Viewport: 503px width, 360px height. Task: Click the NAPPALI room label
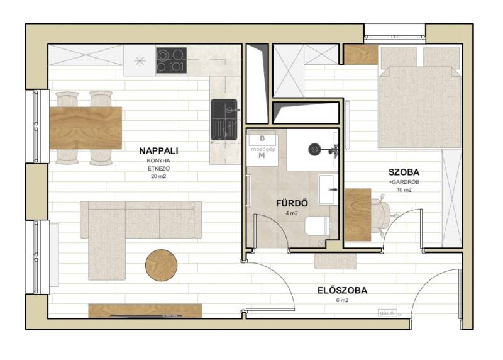tap(158, 150)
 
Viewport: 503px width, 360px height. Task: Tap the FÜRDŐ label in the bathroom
tap(292, 203)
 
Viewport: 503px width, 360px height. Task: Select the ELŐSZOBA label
tap(342, 290)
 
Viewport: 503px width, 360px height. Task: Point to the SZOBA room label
tap(404, 172)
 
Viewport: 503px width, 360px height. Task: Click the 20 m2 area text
tap(158, 176)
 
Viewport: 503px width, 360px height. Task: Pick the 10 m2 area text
tap(404, 190)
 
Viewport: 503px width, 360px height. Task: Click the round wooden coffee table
tap(162, 265)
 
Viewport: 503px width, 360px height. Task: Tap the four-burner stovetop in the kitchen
tap(171, 60)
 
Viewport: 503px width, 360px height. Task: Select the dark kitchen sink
tap(224, 120)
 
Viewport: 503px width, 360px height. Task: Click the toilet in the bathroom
tap(317, 226)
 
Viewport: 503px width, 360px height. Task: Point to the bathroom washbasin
tap(328, 190)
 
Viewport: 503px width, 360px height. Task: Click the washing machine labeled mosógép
tap(262, 149)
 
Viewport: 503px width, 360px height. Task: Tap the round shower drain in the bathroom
tap(314, 149)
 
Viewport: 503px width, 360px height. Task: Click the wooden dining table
tap(86, 128)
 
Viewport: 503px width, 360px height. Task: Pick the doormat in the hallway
tap(335, 261)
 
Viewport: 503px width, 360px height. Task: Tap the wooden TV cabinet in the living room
tap(145, 311)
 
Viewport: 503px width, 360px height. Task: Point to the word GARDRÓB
tap(405, 182)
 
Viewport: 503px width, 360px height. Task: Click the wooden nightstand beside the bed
tap(360, 55)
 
